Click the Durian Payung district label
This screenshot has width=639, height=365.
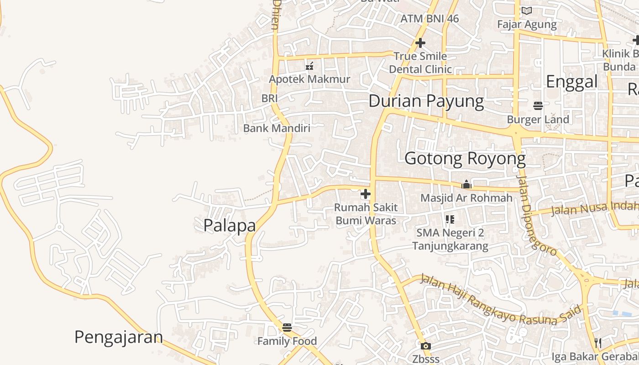point(426,101)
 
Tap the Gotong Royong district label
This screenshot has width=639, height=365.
point(465,159)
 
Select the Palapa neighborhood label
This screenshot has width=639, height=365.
point(229,225)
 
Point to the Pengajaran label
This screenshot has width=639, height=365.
point(119,337)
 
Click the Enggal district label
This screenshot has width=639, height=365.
point(571,82)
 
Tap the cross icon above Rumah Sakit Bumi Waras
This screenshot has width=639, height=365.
point(365,194)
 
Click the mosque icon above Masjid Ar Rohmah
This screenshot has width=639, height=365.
point(466,184)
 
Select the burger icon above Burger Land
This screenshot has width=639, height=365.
point(538,106)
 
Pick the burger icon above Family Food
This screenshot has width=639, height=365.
point(287,327)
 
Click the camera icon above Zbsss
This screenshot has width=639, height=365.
point(425,346)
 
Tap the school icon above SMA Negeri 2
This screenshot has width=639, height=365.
point(450,219)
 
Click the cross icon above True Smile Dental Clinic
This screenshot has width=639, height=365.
point(420,43)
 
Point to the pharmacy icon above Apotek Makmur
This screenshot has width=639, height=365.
point(309,66)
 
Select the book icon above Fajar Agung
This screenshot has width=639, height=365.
point(526,10)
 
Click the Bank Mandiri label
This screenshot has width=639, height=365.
point(276,128)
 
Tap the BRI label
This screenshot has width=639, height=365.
point(269,98)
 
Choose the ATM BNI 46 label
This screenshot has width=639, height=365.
point(429,19)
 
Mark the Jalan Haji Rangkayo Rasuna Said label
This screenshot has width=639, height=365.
point(501,300)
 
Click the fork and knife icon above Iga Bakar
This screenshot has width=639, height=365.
point(597,343)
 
